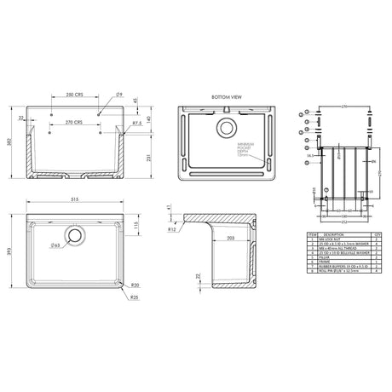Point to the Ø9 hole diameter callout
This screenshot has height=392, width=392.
(x=120, y=94)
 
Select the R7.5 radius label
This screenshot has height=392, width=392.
(x=135, y=124)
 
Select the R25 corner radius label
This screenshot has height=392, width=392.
(x=135, y=297)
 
